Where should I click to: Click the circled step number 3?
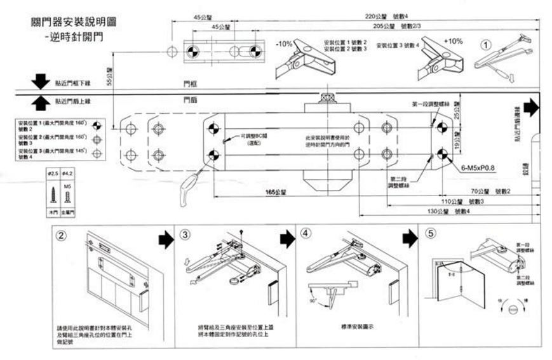tap(185, 234)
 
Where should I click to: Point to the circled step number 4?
tap(307, 234)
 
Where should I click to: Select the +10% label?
tap(454, 41)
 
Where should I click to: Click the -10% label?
tap(284, 44)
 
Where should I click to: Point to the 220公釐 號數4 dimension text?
tap(386, 16)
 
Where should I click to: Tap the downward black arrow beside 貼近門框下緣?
tap(40, 81)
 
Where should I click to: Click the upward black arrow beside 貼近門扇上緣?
tap(40, 101)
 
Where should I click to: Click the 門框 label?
tap(189, 83)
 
